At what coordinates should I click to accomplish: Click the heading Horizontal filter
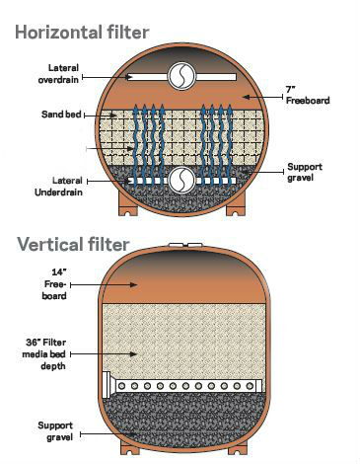click(81, 34)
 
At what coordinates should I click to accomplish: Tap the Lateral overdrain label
click(58, 74)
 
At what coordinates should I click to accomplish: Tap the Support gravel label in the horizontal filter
click(304, 172)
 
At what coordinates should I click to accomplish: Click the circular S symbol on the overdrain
click(181, 76)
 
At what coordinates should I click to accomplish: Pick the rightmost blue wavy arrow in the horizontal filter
click(239, 138)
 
